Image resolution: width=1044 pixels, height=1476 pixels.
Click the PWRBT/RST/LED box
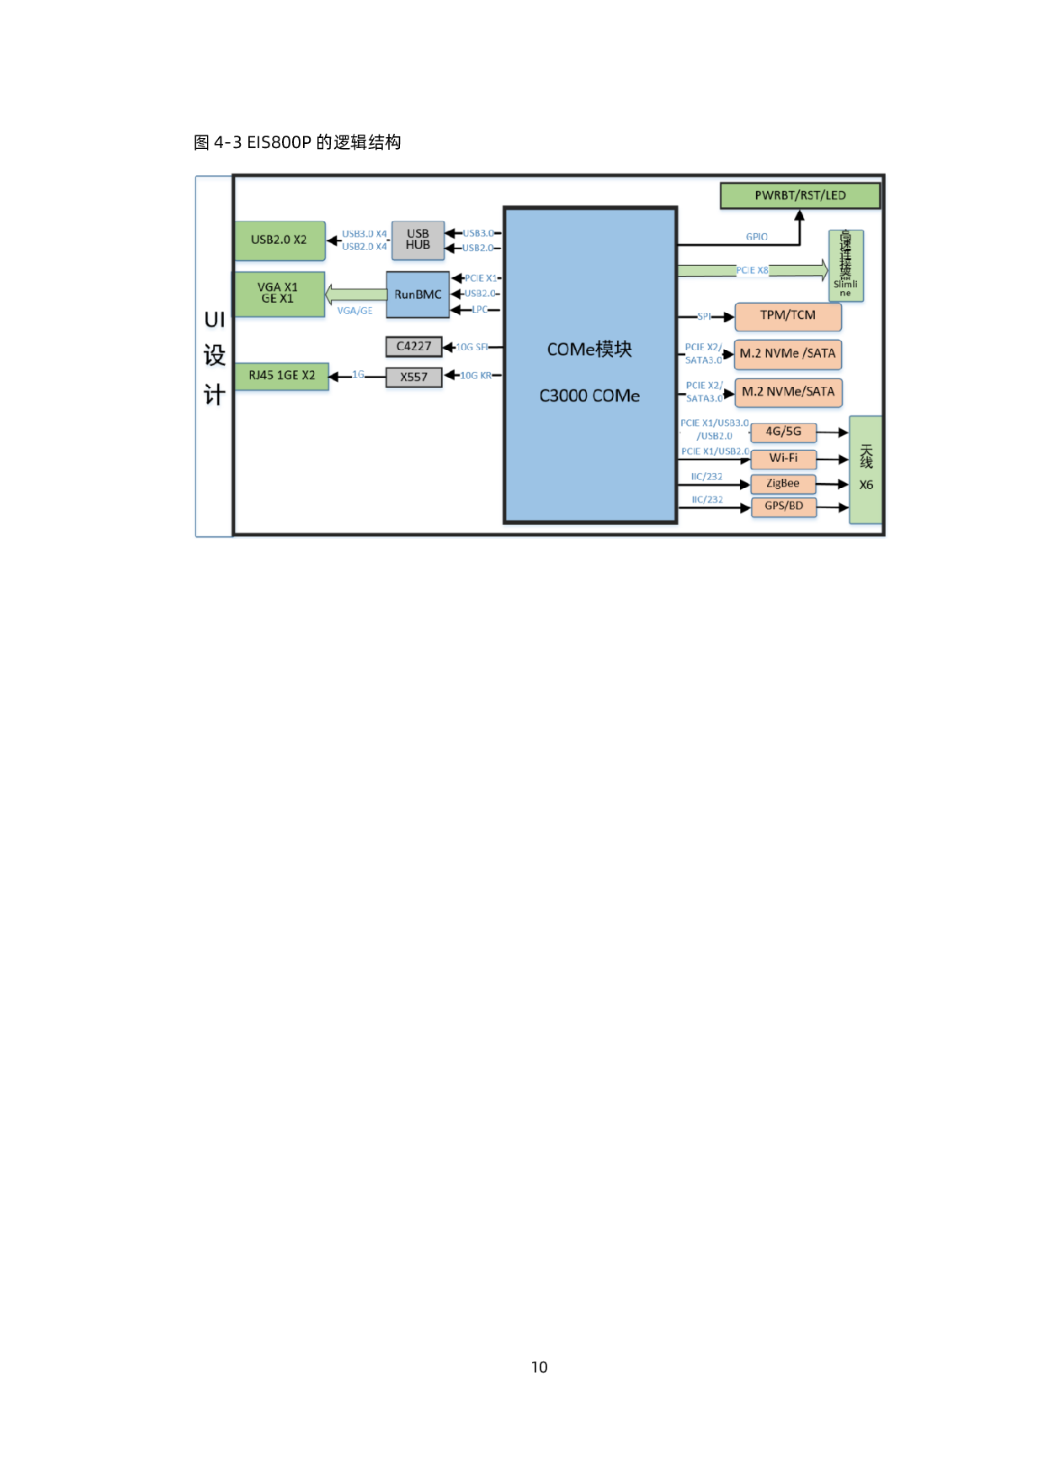pyautogui.click(x=800, y=195)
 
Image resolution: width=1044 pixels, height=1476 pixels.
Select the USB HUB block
pyautogui.click(x=418, y=240)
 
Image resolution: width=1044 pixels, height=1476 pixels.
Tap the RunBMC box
pyautogui.click(x=418, y=295)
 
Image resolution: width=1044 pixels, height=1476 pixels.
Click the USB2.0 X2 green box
pyautogui.click(x=279, y=241)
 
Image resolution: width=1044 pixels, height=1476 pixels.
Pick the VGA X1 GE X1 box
pyautogui.click(x=278, y=294)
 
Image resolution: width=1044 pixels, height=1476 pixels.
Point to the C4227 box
pyautogui.click(x=413, y=346)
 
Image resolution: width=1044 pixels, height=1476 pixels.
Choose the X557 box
pyautogui.click(x=413, y=377)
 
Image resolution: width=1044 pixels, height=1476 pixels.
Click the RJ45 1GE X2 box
pyautogui.click(x=281, y=375)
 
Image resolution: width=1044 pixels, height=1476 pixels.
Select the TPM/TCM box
pyautogui.click(x=787, y=316)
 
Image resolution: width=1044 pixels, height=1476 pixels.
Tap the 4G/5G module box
pyautogui.click(x=783, y=432)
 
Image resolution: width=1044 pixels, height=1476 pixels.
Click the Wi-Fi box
pyautogui.click(x=783, y=459)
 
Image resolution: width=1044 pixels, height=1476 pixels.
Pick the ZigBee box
pyautogui.click(x=783, y=484)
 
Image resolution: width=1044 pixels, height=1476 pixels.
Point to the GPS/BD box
pyautogui.click(x=783, y=507)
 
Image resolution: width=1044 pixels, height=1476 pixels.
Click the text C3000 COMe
pyautogui.click(x=589, y=396)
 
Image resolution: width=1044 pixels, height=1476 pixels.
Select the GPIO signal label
pyautogui.click(x=756, y=236)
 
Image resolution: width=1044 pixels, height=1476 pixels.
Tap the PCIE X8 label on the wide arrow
pyautogui.click(x=752, y=270)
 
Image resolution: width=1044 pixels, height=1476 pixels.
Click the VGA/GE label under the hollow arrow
pyautogui.click(x=354, y=311)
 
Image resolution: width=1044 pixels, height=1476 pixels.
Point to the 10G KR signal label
pyautogui.click(x=476, y=375)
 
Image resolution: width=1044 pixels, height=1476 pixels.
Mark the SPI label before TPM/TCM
pyautogui.click(x=704, y=317)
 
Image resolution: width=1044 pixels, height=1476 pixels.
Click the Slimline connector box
pyautogui.click(x=845, y=266)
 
